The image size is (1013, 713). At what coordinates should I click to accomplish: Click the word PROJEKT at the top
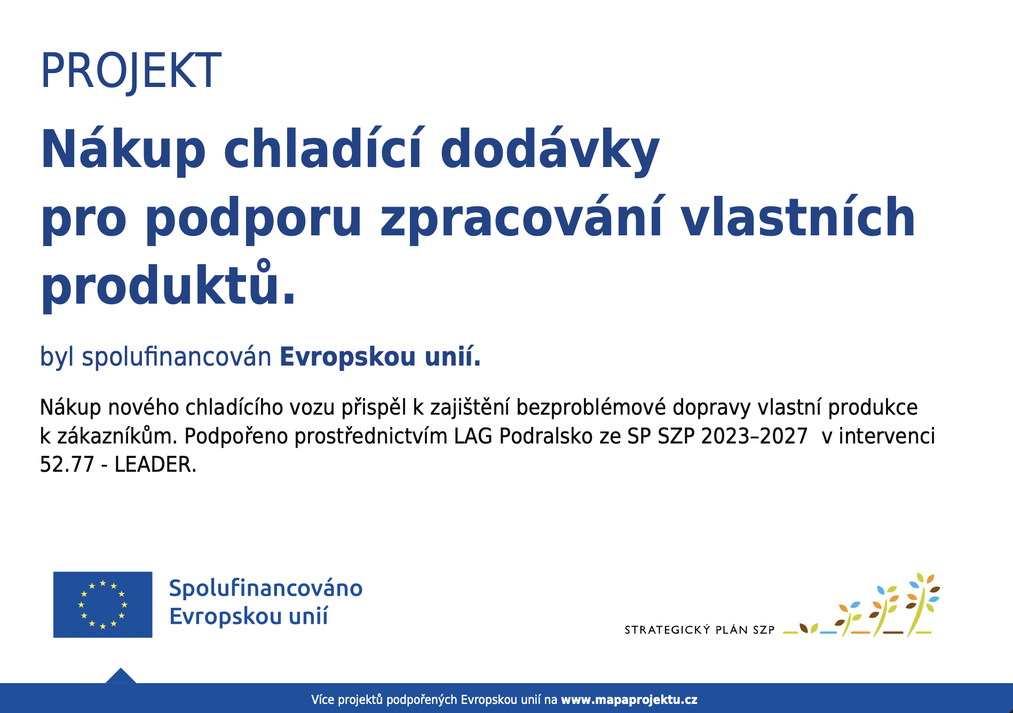click(131, 71)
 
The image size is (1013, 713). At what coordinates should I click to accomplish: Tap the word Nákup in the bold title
click(123, 150)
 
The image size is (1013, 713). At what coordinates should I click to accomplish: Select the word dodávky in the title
click(550, 150)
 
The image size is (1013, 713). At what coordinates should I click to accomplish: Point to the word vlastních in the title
click(798, 218)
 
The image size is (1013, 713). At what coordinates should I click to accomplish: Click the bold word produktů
click(168, 286)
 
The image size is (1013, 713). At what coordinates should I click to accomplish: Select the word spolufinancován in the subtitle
click(177, 356)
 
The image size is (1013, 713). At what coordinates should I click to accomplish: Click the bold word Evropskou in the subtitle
click(347, 356)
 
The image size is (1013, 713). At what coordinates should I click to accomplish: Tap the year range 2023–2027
click(754, 436)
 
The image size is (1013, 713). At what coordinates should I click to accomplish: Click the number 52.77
click(67, 464)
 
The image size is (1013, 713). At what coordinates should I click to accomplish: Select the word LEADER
click(155, 464)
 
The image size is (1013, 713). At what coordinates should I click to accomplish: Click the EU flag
click(102, 605)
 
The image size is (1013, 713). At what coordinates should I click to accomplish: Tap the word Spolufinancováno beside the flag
click(266, 588)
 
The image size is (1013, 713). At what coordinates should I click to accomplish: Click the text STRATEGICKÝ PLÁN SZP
click(699, 630)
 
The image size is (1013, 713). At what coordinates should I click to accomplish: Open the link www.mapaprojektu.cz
click(629, 700)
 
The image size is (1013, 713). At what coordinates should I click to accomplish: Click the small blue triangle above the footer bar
click(121, 676)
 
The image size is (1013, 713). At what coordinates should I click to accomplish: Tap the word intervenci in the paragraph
click(887, 436)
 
